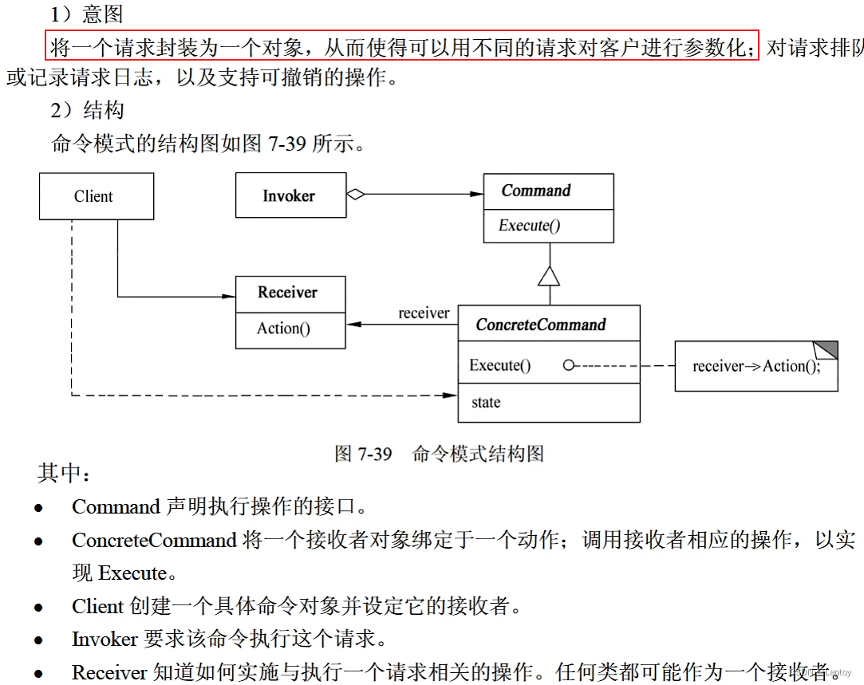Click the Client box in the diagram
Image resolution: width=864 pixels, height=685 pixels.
(96, 196)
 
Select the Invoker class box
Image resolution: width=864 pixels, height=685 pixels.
(290, 195)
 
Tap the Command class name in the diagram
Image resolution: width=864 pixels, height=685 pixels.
(536, 191)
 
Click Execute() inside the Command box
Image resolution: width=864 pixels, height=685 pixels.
(529, 226)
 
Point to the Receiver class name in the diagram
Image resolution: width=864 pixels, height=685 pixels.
(287, 293)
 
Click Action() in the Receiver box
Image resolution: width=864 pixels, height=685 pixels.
(283, 329)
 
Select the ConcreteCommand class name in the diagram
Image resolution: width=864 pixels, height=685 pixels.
(540, 325)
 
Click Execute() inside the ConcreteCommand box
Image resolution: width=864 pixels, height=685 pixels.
(499, 366)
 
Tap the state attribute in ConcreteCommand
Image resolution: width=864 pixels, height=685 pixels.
(486, 403)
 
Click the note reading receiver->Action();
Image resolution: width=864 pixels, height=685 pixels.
(755, 367)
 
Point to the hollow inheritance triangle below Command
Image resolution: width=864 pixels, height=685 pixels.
(550, 276)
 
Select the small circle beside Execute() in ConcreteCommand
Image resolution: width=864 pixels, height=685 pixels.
(569, 366)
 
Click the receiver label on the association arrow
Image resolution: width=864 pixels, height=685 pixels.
(424, 313)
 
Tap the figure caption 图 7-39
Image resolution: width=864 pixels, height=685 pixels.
(364, 455)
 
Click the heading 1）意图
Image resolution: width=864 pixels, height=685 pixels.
(87, 14)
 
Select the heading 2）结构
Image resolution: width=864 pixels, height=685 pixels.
(87, 110)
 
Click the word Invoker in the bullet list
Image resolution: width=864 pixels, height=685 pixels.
(105, 640)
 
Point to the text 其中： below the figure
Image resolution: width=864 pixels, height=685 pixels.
(65, 474)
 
